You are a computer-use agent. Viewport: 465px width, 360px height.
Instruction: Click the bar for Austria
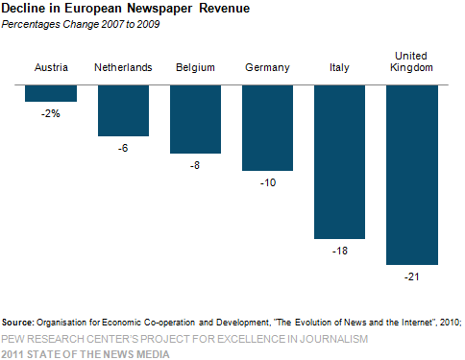tap(51, 92)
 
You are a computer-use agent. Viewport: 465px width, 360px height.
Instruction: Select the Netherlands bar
tap(123, 109)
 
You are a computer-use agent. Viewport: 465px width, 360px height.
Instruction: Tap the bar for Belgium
tap(195, 118)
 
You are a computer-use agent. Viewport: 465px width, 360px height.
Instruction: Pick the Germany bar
tap(267, 127)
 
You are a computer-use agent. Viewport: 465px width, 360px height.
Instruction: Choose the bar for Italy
tap(340, 161)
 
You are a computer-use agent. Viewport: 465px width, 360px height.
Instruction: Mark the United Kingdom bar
tap(412, 174)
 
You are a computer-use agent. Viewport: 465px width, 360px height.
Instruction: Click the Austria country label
tap(51, 67)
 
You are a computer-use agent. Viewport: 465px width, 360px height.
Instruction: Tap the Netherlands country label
tap(123, 67)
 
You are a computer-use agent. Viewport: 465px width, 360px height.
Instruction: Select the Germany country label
tap(267, 67)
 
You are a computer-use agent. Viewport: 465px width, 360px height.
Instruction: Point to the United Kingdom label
tap(412, 60)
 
